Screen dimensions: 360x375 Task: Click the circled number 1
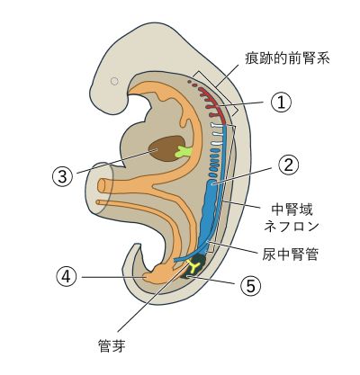click(281, 103)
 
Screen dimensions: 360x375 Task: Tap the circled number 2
click(289, 165)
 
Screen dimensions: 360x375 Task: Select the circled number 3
click(62, 176)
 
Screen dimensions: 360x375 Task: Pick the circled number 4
click(67, 276)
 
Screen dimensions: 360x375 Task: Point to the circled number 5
click(250, 285)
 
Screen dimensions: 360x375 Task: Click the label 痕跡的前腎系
click(287, 58)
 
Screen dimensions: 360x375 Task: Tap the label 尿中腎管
click(290, 254)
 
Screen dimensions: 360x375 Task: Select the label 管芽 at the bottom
click(112, 345)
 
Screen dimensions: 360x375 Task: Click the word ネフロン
click(291, 226)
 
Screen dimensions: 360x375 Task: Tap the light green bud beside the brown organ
click(183, 152)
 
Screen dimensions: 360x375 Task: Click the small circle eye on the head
click(114, 81)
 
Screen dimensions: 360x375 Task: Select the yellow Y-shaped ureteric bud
click(193, 265)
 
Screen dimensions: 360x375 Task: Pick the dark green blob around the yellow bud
click(195, 266)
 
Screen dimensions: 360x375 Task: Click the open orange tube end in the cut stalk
click(101, 186)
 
